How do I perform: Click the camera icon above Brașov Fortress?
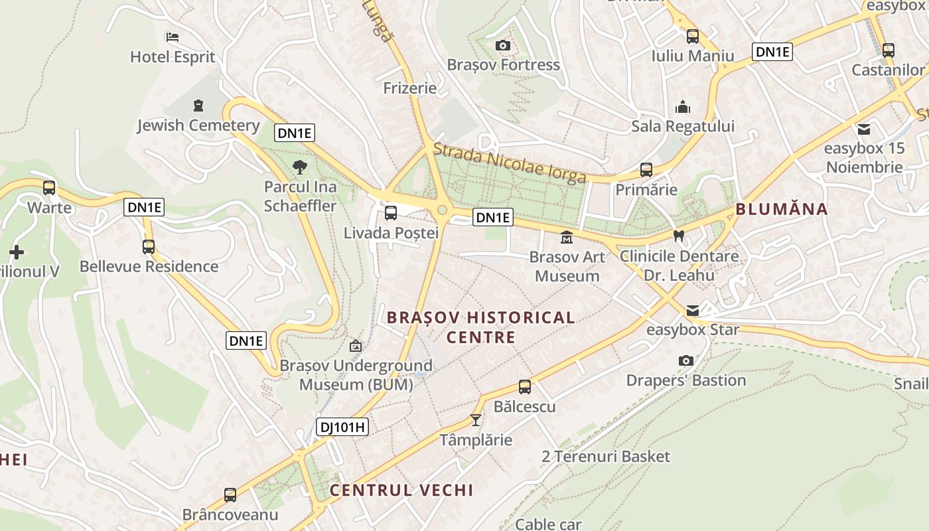(x=503, y=45)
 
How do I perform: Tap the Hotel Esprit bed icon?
(x=173, y=37)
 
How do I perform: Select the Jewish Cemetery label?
(x=198, y=125)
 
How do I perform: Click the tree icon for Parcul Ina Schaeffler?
(x=300, y=167)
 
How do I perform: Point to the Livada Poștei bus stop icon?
(x=391, y=213)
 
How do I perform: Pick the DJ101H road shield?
(x=342, y=427)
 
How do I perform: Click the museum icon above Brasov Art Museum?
(x=567, y=237)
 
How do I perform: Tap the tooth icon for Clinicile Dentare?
(x=678, y=236)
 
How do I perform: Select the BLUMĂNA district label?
(x=781, y=210)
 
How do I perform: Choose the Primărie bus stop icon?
(x=646, y=170)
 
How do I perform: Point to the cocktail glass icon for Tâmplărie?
(x=475, y=419)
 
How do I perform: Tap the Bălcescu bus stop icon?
(x=525, y=386)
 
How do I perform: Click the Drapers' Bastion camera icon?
(x=686, y=360)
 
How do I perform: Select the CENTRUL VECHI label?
(x=401, y=491)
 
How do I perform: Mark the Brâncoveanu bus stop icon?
(x=230, y=494)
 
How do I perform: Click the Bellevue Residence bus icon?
(x=149, y=247)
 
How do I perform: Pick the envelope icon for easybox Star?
(x=693, y=310)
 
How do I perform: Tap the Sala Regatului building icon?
(x=683, y=107)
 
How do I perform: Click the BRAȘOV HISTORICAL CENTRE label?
(x=480, y=327)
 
